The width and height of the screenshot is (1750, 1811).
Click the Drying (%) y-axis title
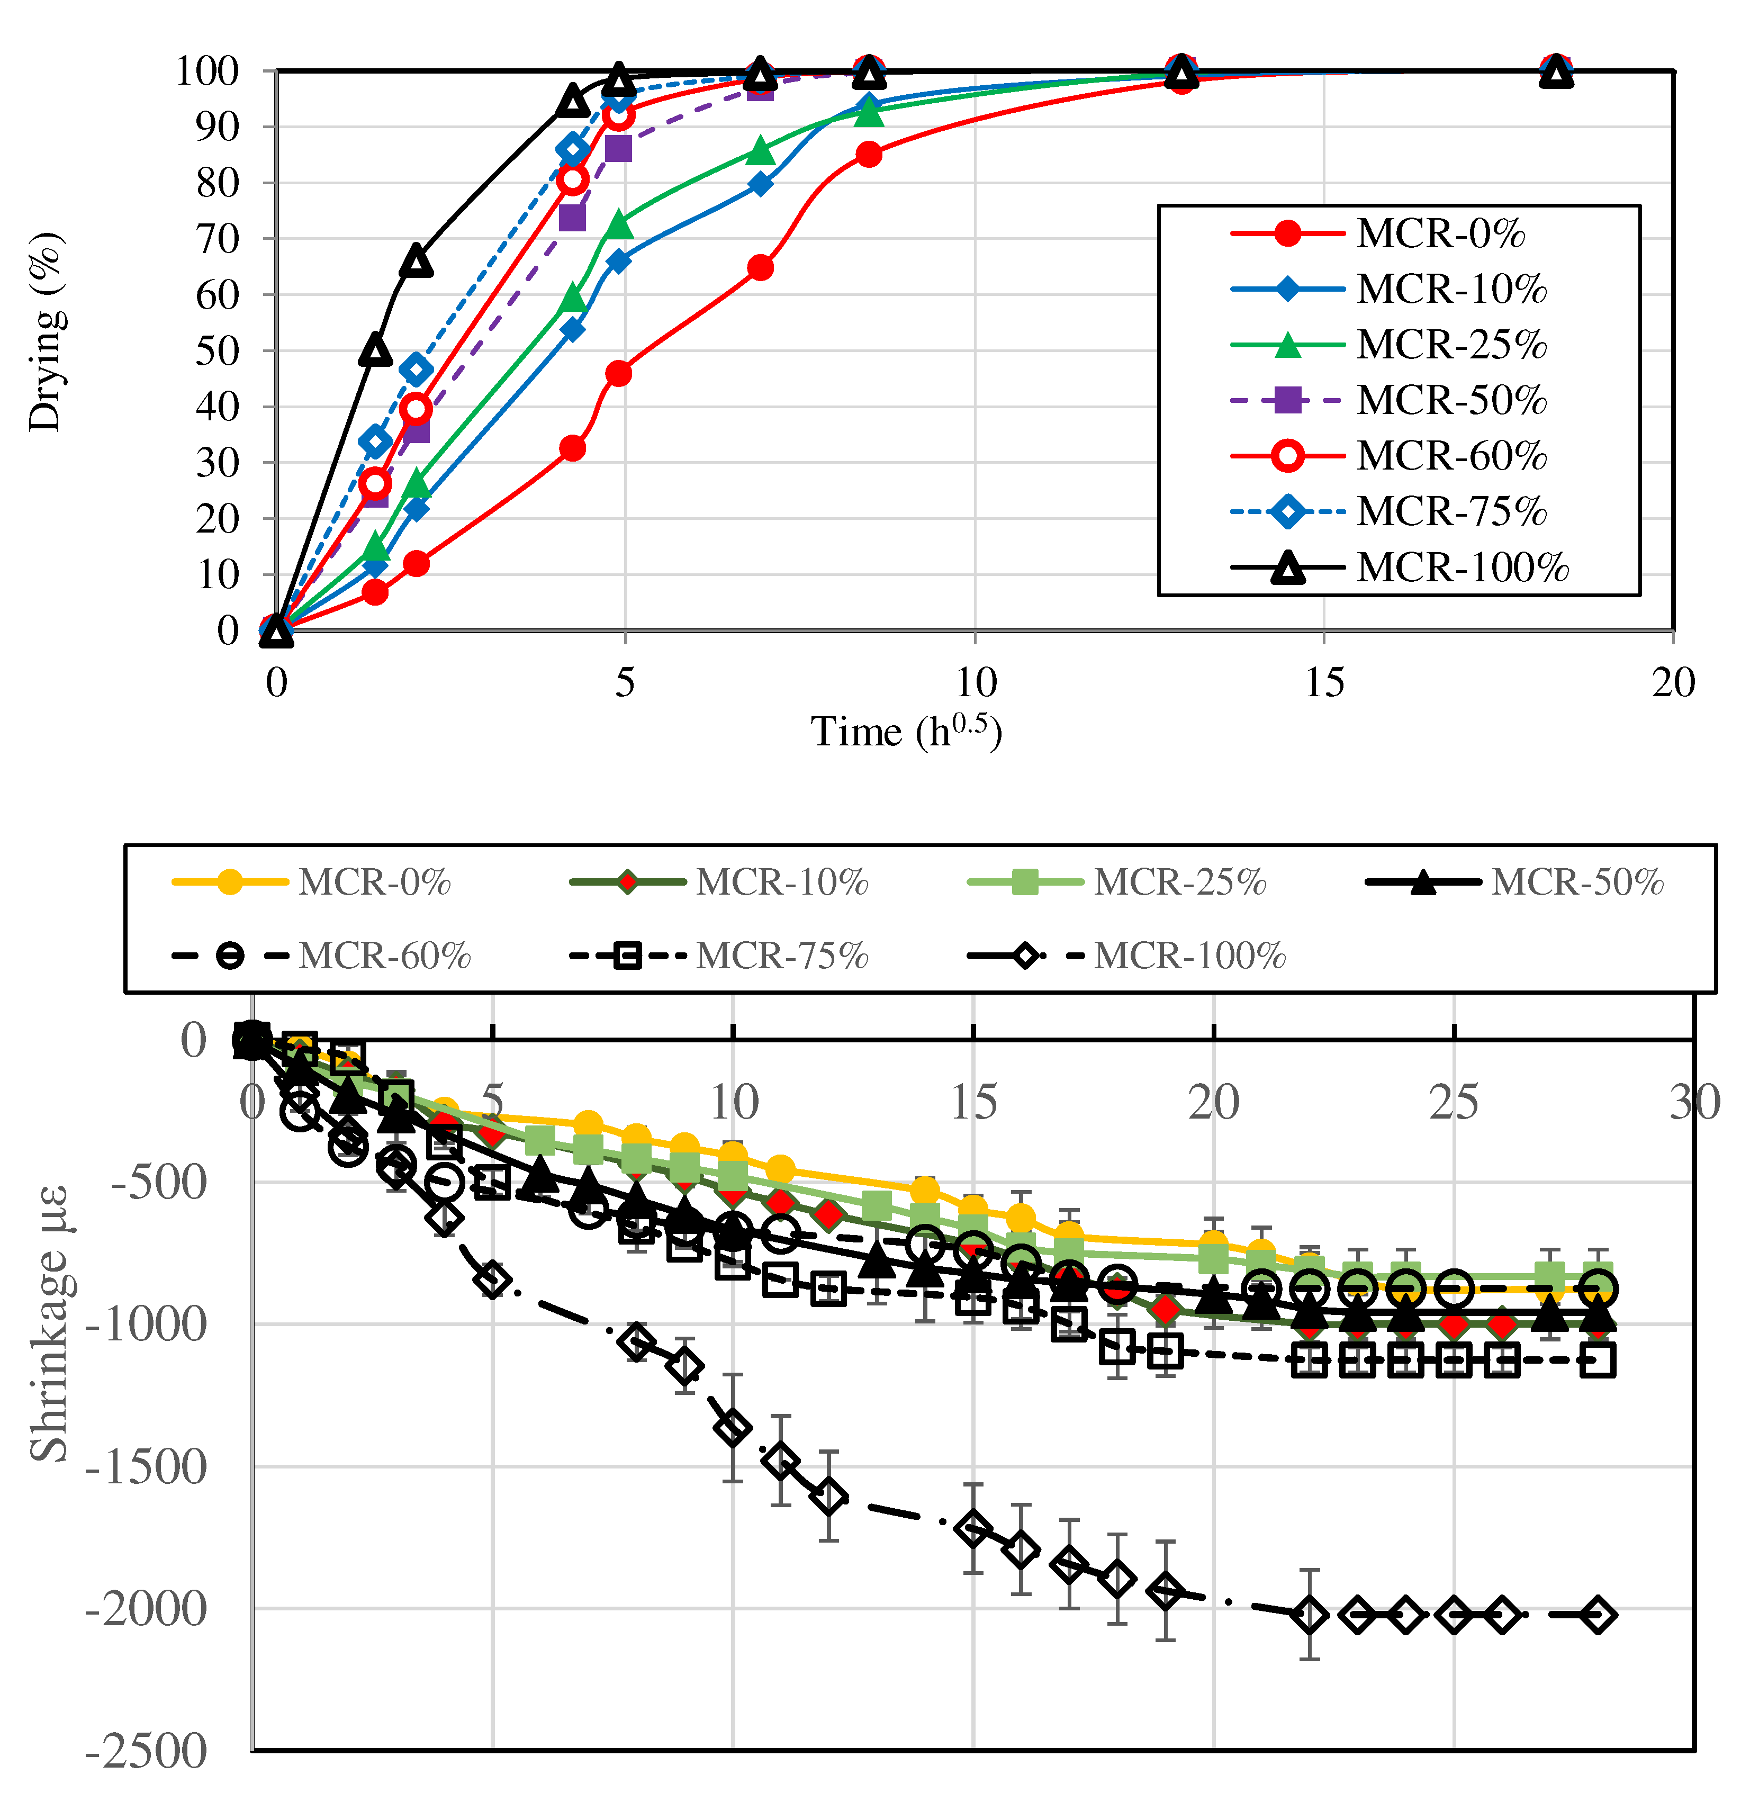(44, 332)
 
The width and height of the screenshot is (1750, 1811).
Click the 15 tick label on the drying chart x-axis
(1324, 683)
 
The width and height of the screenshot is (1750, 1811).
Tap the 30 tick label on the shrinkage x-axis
(1694, 1102)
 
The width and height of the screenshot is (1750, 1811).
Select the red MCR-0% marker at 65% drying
(761, 268)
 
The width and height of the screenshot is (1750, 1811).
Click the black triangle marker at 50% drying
(374, 350)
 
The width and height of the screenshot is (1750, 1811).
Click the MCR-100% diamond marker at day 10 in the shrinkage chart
(733, 1428)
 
